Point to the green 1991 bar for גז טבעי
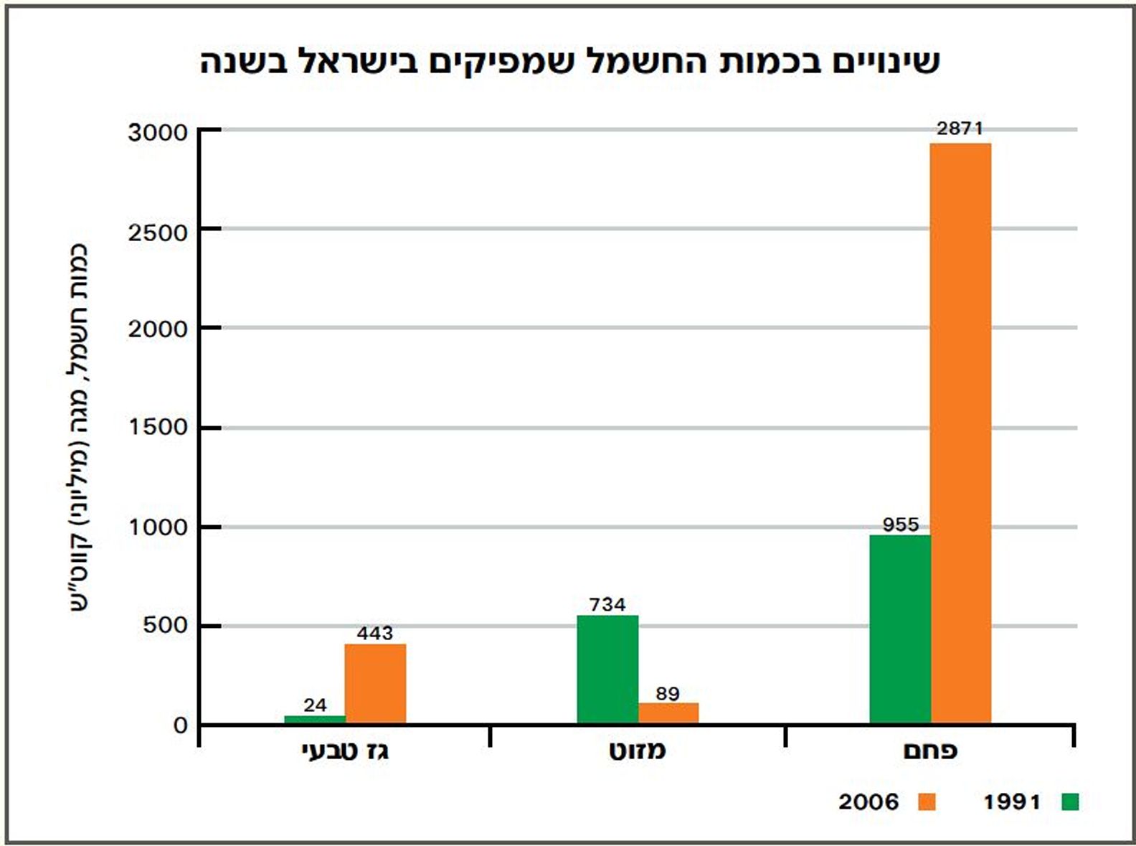[x=315, y=719]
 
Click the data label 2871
[x=960, y=128]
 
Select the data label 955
[x=901, y=525]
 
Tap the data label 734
[x=607, y=605]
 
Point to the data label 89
[x=668, y=694]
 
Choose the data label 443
[x=375, y=633]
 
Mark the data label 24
[x=315, y=705]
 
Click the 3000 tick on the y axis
[x=158, y=132]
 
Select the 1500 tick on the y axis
[x=158, y=427]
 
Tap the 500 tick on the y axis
[x=165, y=625]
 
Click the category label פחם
[x=930, y=751]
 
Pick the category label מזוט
[x=638, y=751]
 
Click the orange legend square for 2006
[x=927, y=801]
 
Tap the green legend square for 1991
[x=1070, y=801]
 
